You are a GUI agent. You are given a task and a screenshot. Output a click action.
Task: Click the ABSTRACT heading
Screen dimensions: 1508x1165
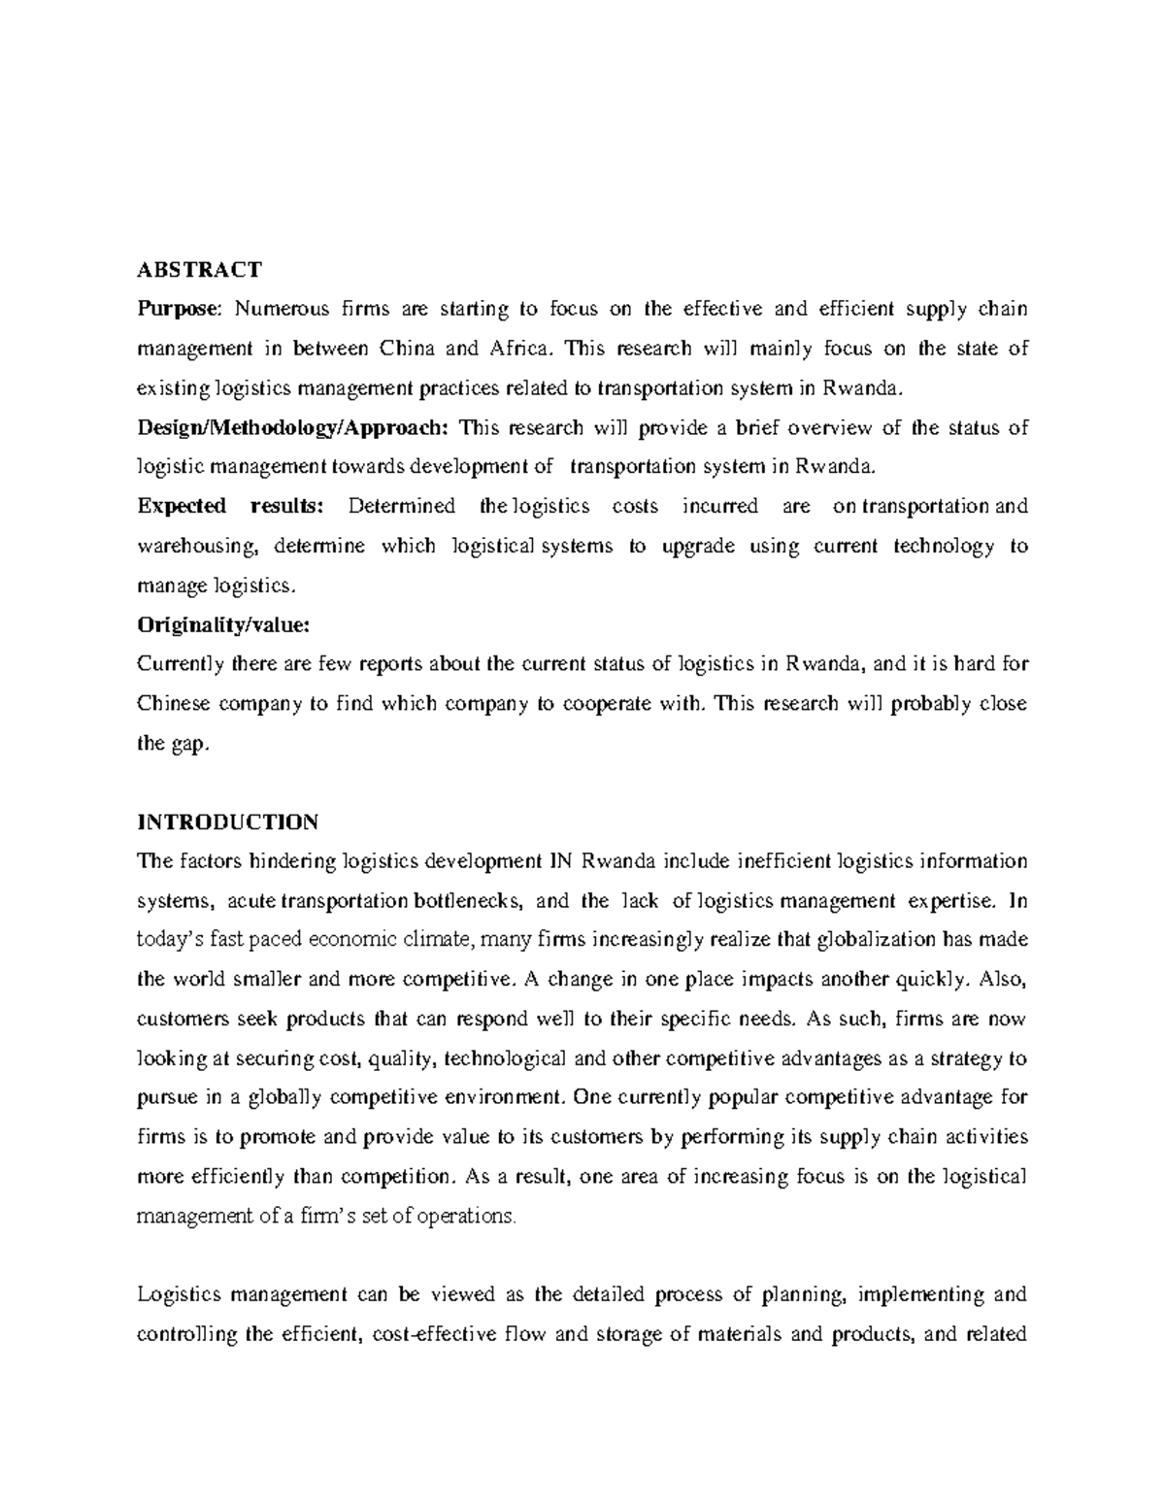click(x=199, y=269)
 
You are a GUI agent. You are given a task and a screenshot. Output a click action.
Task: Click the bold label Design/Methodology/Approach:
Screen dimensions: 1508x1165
click(x=293, y=427)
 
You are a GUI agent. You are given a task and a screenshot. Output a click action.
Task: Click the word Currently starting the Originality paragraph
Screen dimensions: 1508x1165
click(x=182, y=664)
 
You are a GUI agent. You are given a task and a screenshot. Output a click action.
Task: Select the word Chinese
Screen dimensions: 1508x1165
click(x=173, y=704)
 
